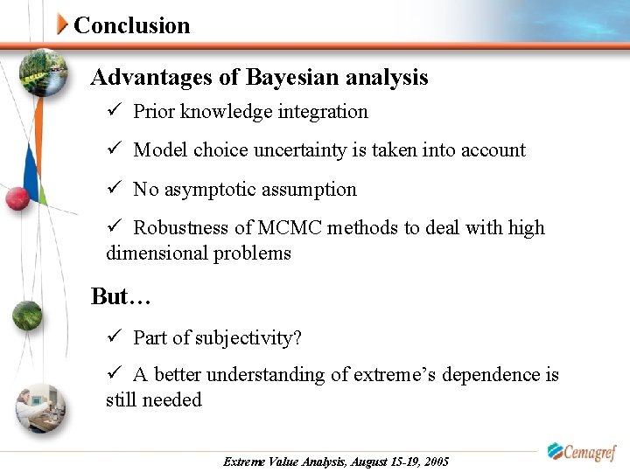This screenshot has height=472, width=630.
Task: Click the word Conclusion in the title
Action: [x=132, y=25]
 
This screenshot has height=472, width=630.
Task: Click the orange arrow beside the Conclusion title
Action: [x=62, y=24]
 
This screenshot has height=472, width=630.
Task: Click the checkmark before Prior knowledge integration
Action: [x=114, y=112]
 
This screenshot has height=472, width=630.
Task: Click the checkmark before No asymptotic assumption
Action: [x=114, y=190]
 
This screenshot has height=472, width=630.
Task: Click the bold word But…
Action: [x=122, y=297]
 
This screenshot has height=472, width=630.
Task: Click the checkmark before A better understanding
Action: [x=114, y=375]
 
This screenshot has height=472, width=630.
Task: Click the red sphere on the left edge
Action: [x=17, y=198]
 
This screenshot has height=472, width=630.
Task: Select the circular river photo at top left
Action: [x=42, y=75]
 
